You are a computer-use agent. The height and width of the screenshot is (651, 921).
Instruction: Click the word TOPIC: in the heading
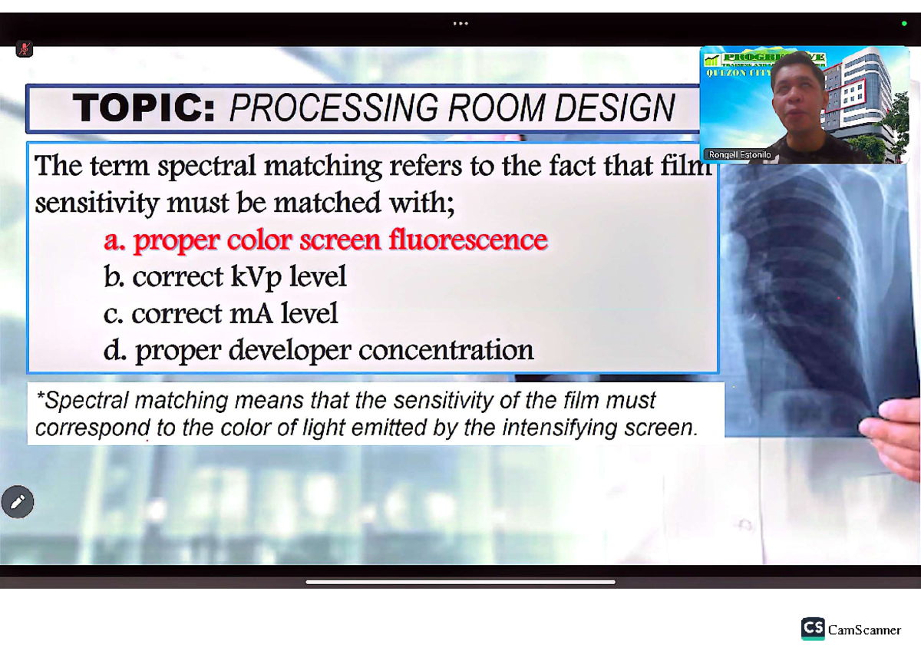tap(144, 108)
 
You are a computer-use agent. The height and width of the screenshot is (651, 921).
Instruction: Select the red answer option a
tap(325, 240)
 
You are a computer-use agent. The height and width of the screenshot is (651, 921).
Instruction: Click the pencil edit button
tap(18, 502)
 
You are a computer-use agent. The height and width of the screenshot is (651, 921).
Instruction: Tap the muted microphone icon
tap(24, 50)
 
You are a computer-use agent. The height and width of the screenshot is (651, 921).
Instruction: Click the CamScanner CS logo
tap(813, 629)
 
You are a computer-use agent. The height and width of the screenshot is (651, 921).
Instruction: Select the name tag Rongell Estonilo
tap(740, 155)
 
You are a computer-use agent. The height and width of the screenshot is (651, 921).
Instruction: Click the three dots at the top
tap(460, 23)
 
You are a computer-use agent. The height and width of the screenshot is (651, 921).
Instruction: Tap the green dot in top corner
tap(904, 24)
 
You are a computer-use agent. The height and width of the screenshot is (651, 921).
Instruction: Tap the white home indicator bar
tap(460, 582)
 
